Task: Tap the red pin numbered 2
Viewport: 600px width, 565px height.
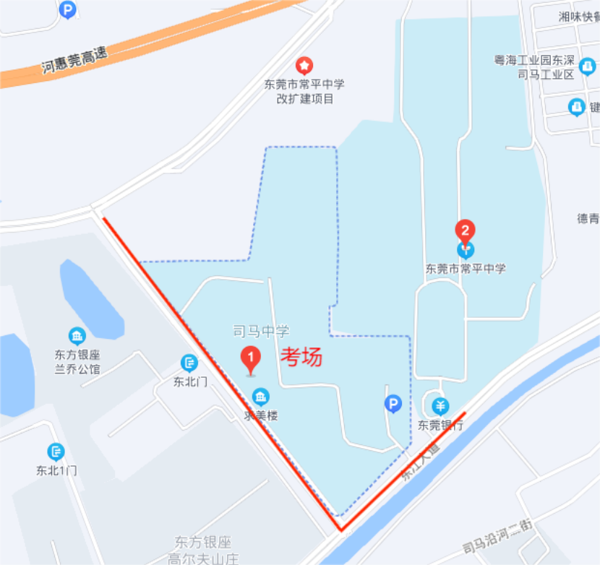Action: click(465, 231)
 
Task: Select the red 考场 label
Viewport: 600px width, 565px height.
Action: click(301, 356)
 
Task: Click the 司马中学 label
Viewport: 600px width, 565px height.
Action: click(261, 332)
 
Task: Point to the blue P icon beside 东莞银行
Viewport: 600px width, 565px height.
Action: click(393, 404)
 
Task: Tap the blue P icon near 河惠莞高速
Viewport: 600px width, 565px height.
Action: click(68, 9)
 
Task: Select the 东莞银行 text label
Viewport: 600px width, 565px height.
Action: click(440, 425)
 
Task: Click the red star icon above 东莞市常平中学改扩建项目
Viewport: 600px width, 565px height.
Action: click(305, 66)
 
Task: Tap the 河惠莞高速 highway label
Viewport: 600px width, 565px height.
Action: click(74, 59)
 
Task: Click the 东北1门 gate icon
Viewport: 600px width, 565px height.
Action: click(56, 452)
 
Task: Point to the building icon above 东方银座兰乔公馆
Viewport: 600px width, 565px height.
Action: click(77, 336)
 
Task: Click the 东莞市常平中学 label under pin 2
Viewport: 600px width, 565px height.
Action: click(466, 268)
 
